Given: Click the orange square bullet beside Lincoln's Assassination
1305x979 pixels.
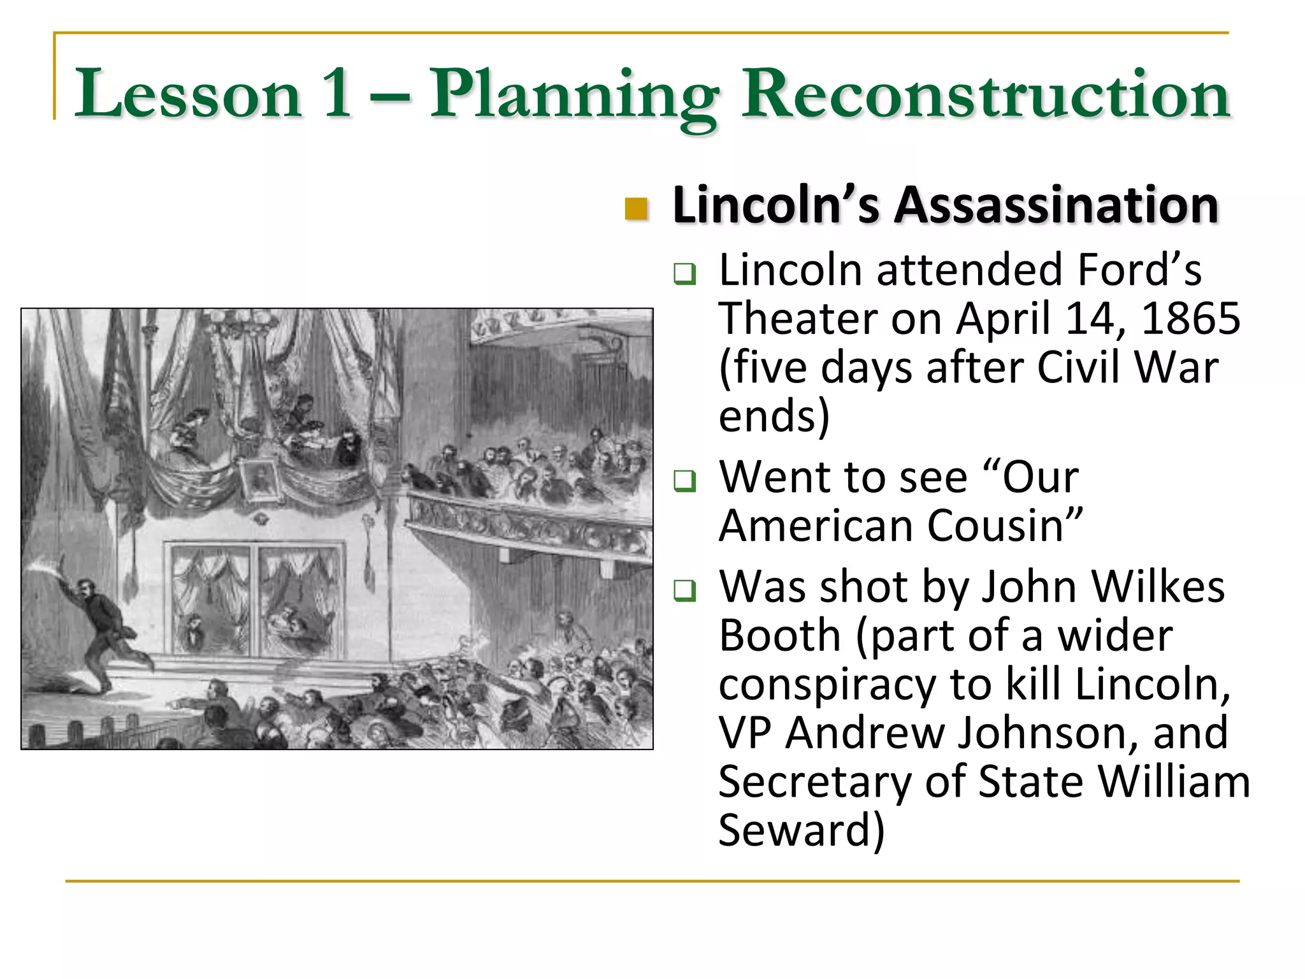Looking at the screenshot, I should (x=636, y=208).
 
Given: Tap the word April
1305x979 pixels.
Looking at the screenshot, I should (x=1003, y=319).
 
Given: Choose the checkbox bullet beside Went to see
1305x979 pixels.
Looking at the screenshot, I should (x=685, y=480).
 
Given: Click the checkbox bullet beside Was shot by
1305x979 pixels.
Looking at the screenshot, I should (x=685, y=590).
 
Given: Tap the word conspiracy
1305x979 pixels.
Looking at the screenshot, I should (x=827, y=685).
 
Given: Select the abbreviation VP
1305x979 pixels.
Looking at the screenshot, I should (x=744, y=733).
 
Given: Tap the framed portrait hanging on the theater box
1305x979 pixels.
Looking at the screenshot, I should (x=260, y=479).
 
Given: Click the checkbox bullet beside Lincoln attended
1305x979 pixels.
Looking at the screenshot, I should (x=685, y=274).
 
